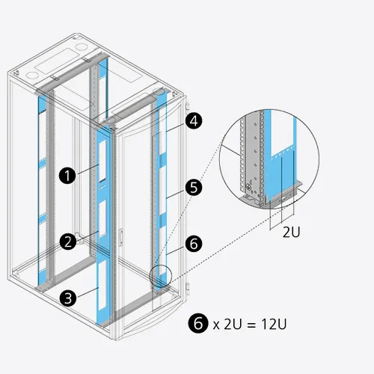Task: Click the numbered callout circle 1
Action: (x=67, y=176)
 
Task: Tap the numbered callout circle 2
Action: (x=68, y=242)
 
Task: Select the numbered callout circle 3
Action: (x=68, y=298)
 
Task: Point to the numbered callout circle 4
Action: (x=194, y=121)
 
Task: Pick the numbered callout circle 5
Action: (x=194, y=188)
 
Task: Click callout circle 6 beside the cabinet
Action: (x=194, y=244)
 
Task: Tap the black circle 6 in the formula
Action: (x=198, y=323)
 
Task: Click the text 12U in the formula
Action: (x=274, y=324)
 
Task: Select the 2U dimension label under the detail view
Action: (x=291, y=233)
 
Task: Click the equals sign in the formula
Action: (x=251, y=325)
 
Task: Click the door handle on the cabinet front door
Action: (x=121, y=237)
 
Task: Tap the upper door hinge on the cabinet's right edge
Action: (x=187, y=106)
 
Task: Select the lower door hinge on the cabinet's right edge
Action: (x=187, y=289)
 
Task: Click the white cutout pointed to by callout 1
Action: (x=102, y=160)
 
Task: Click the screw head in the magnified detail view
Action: (x=248, y=186)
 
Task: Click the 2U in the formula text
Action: (x=233, y=324)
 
